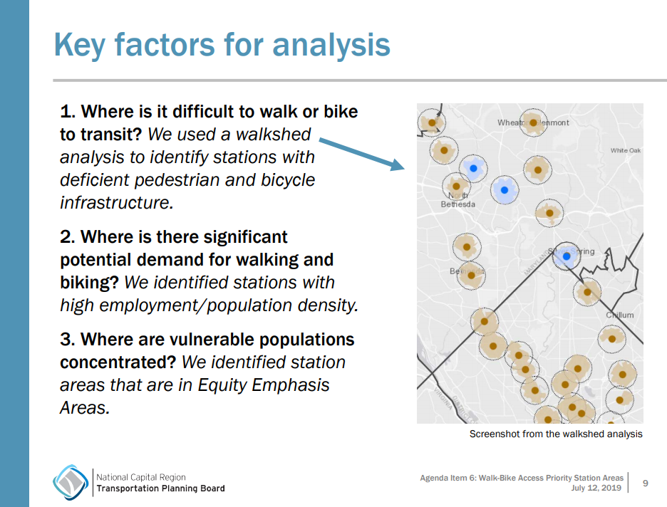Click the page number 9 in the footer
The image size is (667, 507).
coord(646,483)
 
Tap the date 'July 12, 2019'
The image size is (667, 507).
coord(596,488)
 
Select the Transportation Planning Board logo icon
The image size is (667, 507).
coord(71,482)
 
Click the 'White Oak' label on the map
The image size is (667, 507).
coord(625,150)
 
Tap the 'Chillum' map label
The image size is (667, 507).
coord(619,315)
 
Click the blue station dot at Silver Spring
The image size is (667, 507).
coord(567,256)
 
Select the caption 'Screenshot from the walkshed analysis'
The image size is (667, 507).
coord(556,434)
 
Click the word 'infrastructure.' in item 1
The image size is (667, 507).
coord(117,202)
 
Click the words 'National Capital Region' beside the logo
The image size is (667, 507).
coord(140,477)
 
